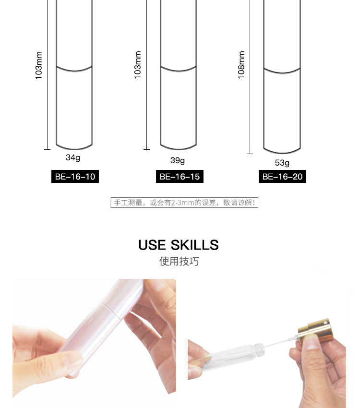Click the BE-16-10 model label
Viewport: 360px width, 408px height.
[x=75, y=177]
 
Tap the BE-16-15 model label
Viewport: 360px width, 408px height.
[x=180, y=177]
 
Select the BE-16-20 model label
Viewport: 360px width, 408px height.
[x=282, y=177]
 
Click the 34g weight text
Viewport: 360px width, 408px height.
[x=73, y=158]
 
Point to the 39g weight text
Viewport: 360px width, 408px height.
[x=178, y=160]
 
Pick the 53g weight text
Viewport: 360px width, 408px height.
[x=282, y=163]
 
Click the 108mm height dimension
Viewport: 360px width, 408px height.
[x=241, y=65]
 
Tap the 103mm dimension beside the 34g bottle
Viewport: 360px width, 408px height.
[x=38, y=65]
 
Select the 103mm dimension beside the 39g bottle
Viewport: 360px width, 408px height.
[x=137, y=65]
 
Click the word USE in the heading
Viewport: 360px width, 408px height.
[x=152, y=245]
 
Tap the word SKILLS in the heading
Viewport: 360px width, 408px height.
[x=194, y=245]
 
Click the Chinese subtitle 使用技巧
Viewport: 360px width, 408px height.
[x=179, y=261]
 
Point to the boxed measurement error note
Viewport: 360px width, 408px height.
[x=184, y=203]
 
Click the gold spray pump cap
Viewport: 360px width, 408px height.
[x=315, y=329]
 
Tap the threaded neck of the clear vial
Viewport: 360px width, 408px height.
[x=258, y=348]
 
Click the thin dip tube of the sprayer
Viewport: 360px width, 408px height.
[x=281, y=342]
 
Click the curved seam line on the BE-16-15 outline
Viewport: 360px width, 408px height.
[x=178, y=70]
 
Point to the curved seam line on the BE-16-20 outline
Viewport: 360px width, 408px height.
[x=282, y=72]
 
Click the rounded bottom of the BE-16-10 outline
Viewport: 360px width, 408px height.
[x=74, y=148]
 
